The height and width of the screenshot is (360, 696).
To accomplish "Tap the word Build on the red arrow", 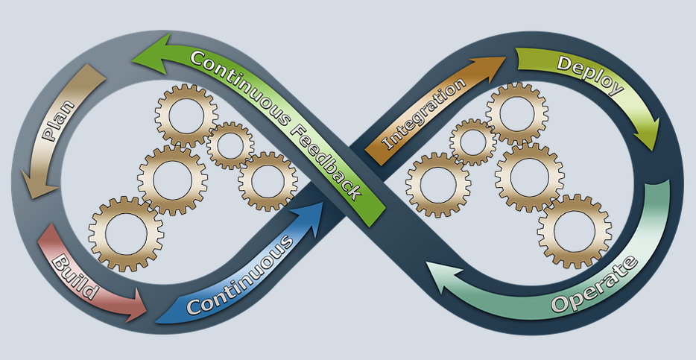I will (75, 276).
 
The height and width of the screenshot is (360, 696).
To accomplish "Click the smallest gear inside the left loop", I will (230, 145).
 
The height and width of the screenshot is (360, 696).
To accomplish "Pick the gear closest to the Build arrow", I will (126, 233).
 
